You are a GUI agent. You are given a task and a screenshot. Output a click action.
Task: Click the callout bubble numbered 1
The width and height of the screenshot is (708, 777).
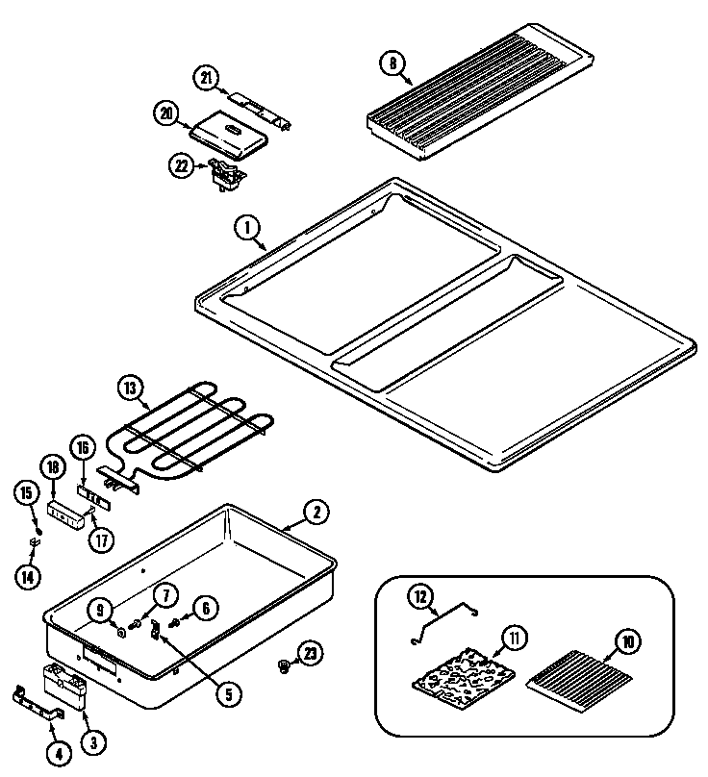247,228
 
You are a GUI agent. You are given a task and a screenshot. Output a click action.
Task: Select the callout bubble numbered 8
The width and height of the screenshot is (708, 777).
392,64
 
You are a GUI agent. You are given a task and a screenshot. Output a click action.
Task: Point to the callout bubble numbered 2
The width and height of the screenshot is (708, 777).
316,513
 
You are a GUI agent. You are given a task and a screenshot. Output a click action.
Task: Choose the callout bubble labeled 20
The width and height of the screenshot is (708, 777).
166,113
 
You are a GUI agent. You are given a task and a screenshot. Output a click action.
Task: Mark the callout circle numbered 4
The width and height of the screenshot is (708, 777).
58,754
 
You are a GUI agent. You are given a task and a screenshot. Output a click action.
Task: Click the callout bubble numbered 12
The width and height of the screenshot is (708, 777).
419,596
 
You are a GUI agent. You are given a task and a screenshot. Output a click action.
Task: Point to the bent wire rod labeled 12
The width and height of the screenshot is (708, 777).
442,621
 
